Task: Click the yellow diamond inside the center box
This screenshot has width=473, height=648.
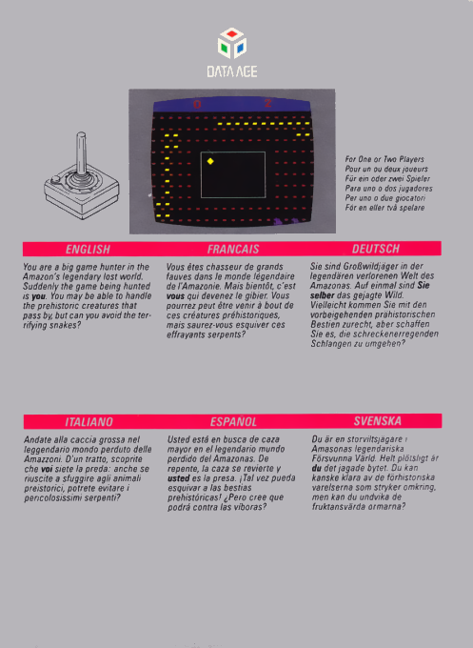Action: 210,161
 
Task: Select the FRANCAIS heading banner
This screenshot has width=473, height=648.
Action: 233,249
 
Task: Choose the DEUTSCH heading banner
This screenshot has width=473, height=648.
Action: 376,249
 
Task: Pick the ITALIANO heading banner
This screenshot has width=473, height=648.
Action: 88,420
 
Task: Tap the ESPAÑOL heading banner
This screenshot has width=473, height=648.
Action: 233,420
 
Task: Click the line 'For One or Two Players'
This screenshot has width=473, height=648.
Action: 384,159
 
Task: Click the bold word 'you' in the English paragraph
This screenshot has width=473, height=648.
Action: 39,295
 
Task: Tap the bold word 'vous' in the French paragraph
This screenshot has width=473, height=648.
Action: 177,295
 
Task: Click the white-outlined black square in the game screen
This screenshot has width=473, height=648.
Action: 233,174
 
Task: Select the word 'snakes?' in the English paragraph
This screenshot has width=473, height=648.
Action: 64,324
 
